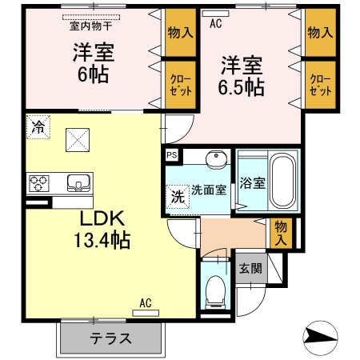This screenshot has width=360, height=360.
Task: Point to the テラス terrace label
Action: pos(110,337)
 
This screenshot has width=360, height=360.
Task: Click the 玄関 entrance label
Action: pos(248,268)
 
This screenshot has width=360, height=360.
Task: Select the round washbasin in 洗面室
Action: pos(214,161)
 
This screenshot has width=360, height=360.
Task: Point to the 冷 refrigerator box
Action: pos(37,126)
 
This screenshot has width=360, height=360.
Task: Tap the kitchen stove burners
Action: pos(39,184)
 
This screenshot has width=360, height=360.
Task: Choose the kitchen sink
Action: pos(78,182)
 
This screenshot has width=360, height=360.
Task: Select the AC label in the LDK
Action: pos(145,302)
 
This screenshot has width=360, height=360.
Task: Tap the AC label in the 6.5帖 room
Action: pos(214,24)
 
